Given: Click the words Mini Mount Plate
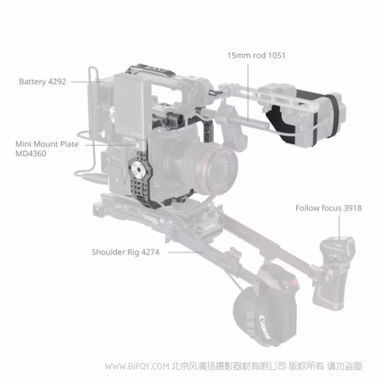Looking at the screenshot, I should click(x=47, y=144).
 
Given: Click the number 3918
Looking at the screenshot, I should click(x=352, y=207).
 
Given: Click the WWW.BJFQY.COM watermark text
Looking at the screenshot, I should click(x=136, y=366).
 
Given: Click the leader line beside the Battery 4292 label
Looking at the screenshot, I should click(x=80, y=81).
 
